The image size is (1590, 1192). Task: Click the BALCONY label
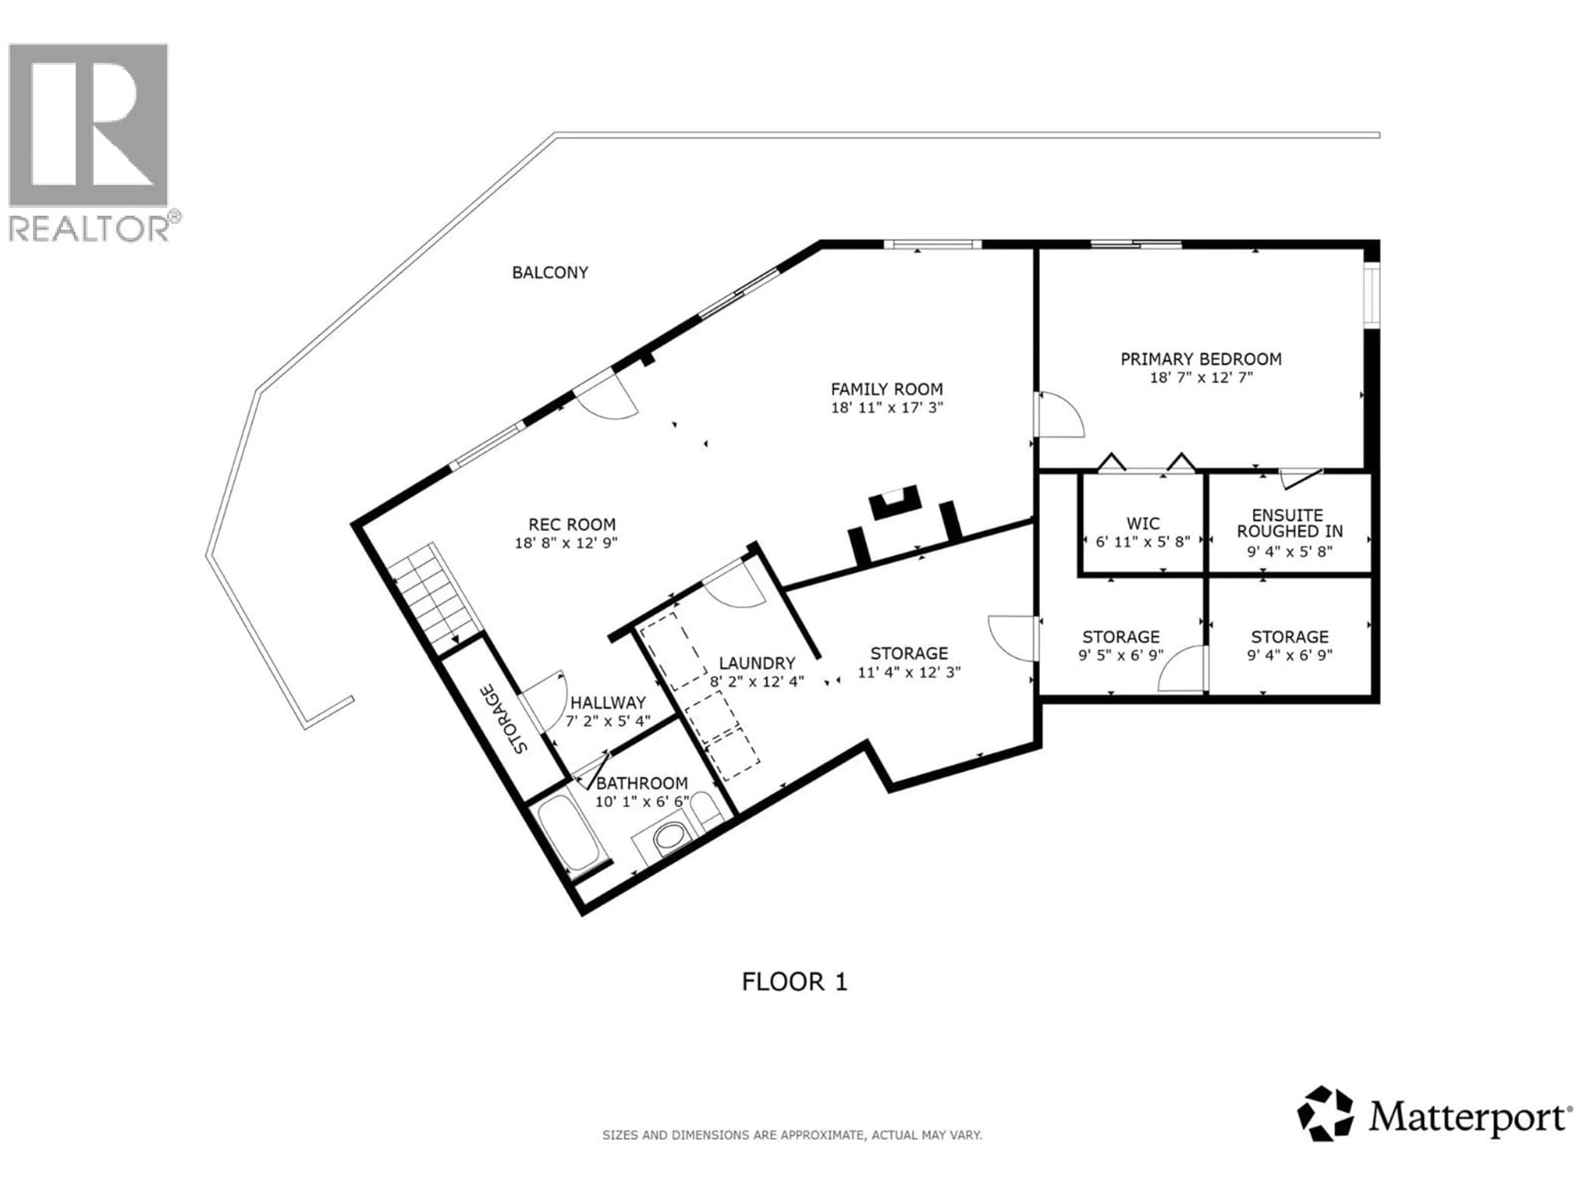(x=550, y=272)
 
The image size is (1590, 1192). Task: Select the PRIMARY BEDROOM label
(x=1200, y=358)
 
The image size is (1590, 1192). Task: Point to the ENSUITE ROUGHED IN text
(x=1289, y=524)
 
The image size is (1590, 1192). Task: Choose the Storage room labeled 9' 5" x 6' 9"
(x=1120, y=645)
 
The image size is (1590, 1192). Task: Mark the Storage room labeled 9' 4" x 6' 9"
(x=1289, y=645)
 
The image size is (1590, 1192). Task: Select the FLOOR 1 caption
(x=794, y=981)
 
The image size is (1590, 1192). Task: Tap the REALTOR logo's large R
(x=88, y=124)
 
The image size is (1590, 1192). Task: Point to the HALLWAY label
(x=607, y=702)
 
